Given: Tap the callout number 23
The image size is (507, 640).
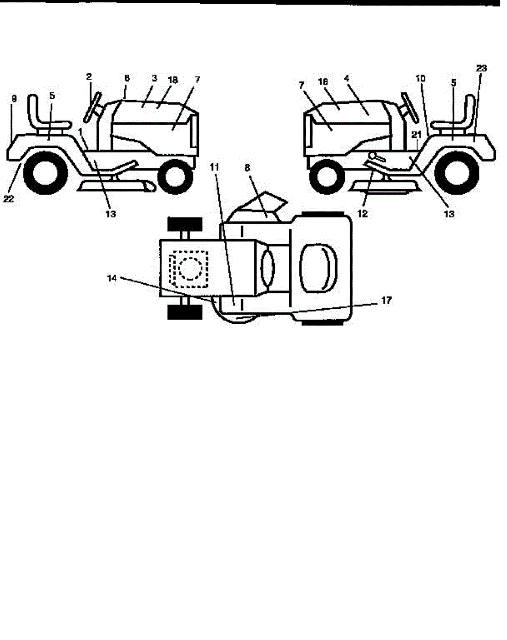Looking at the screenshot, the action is [481, 68].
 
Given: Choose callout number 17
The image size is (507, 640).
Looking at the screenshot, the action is [386, 301].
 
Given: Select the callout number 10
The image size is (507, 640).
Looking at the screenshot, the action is [421, 78].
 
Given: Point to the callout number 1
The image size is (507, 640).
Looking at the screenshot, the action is [81, 131].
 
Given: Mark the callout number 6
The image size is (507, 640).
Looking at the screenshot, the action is [126, 78].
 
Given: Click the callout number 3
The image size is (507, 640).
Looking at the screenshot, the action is [154, 78].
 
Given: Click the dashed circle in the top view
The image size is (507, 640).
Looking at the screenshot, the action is [189, 267].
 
